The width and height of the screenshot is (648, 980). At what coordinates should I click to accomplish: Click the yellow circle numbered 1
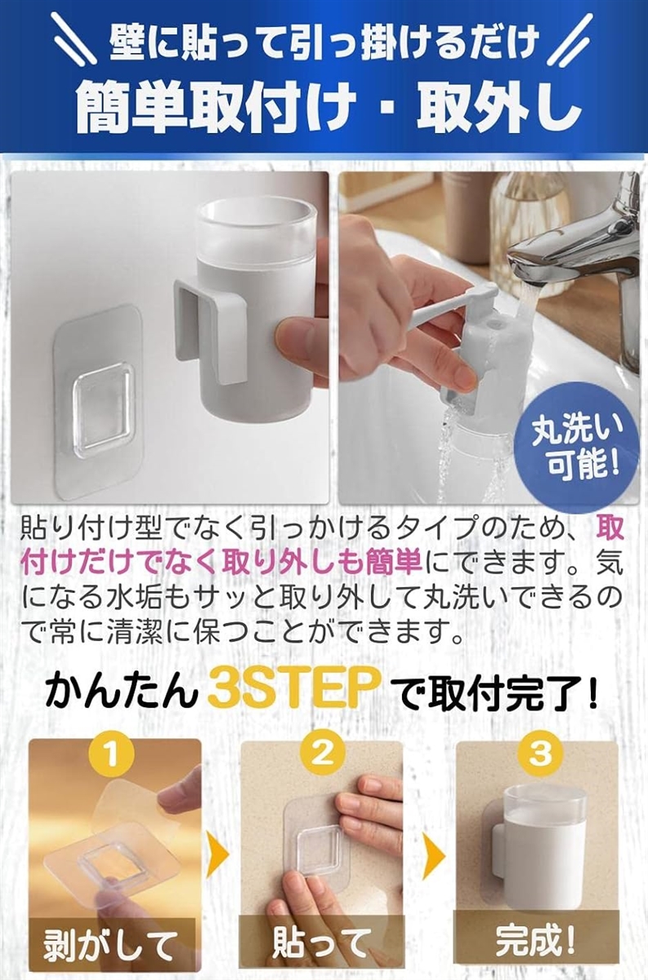point(112,755)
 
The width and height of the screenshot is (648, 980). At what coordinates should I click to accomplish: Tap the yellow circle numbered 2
point(323,755)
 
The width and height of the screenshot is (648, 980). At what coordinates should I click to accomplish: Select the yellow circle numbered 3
point(540,755)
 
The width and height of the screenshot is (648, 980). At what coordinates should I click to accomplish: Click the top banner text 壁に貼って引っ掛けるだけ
point(324,42)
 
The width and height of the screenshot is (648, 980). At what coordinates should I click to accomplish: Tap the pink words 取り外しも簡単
point(322,562)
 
